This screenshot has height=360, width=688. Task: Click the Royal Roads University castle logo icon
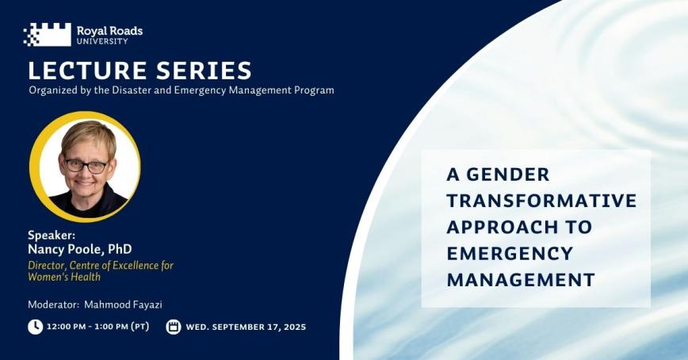[x=47, y=34]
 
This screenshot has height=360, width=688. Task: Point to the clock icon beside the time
[x=35, y=327]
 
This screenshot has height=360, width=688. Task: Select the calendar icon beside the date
[x=174, y=327]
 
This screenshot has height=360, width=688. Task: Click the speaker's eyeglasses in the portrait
[x=86, y=166]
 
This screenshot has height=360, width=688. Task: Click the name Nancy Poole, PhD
[x=79, y=249]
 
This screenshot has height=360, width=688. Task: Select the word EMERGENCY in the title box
[x=509, y=253]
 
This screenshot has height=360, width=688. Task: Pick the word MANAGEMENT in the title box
[x=520, y=279]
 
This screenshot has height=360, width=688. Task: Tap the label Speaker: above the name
[x=51, y=235]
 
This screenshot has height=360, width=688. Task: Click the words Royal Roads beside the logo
[x=109, y=31]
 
